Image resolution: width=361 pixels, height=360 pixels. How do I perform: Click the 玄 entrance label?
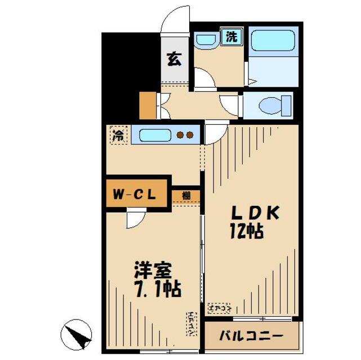[x=174, y=59]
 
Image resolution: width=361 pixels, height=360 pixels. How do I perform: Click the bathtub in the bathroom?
[x=273, y=42]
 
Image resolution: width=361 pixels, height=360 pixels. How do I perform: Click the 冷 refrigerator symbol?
[x=118, y=136]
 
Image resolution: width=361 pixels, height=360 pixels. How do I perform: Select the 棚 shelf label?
[x=186, y=195]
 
